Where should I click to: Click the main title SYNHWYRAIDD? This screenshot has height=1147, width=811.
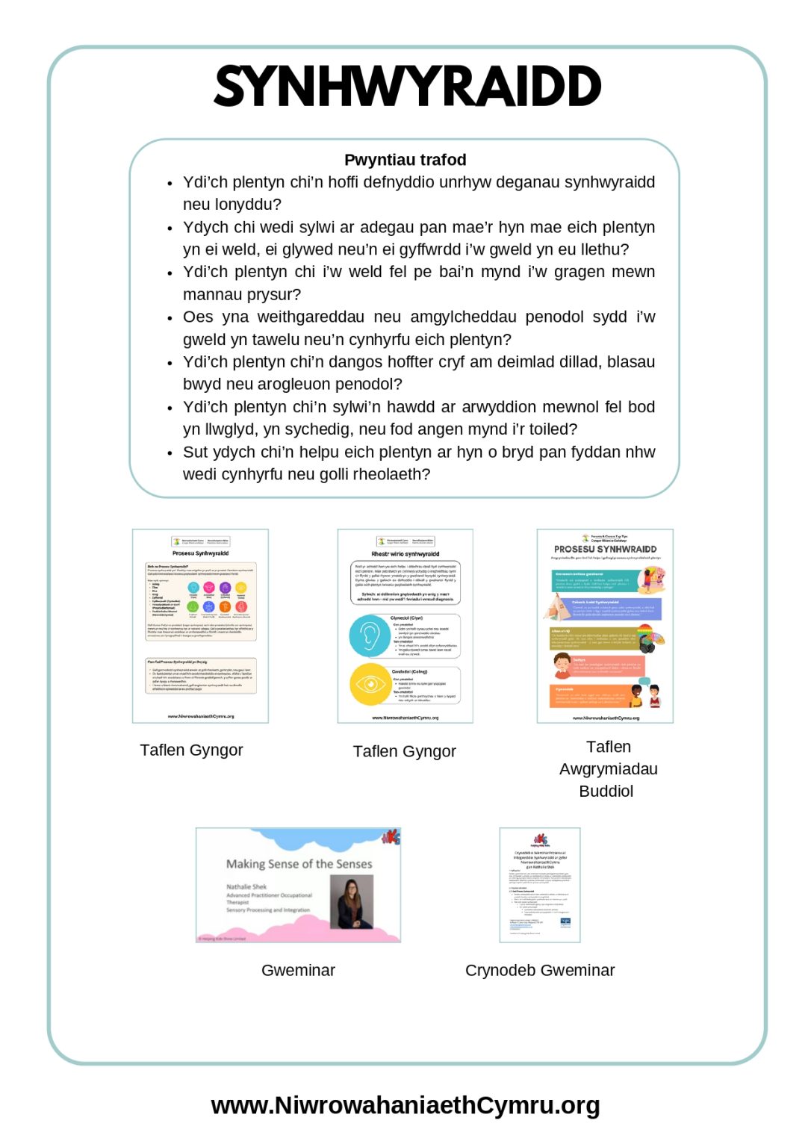tap(407, 87)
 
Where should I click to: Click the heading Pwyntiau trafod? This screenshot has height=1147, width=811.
tap(405, 160)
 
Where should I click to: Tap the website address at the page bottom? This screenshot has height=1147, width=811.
tap(405, 1104)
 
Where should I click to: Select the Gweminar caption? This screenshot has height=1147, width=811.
tap(298, 970)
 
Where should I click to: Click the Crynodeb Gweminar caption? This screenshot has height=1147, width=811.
tap(539, 970)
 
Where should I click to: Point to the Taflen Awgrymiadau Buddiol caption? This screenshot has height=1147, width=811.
tap(608, 768)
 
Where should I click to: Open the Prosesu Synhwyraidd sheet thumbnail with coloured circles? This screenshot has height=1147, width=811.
tap(200, 626)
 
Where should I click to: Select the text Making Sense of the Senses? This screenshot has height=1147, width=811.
tap(299, 864)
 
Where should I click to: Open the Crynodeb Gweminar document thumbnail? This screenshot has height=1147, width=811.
tap(539, 885)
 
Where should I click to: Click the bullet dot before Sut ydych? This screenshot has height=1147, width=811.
tap(170, 453)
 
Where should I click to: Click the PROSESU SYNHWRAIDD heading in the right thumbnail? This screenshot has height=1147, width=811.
tap(605, 549)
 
